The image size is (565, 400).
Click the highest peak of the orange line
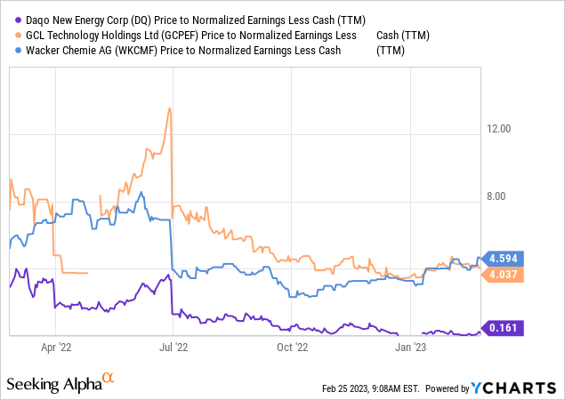pyautogui.click(x=169, y=108)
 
